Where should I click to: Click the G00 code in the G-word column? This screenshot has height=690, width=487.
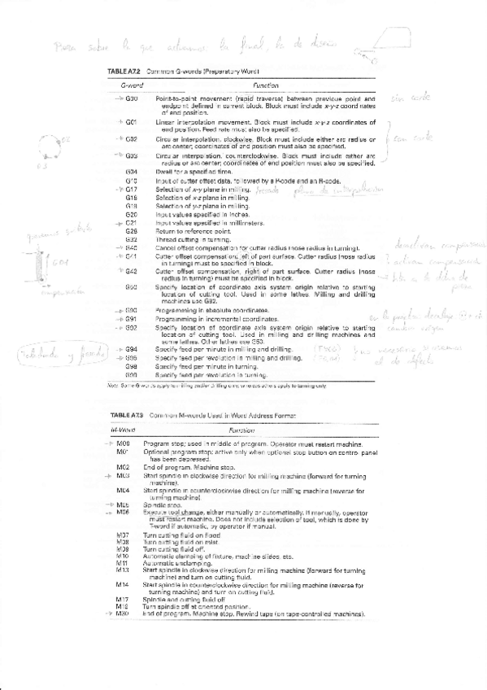click(132, 98)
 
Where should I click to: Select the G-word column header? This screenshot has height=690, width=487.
click(133, 85)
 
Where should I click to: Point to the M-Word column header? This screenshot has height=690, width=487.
click(123, 430)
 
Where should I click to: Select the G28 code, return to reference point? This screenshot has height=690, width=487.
click(132, 230)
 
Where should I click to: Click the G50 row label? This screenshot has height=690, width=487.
click(132, 287)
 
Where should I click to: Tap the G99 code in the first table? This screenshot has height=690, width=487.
click(132, 374)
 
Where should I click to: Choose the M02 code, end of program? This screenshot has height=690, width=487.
click(124, 467)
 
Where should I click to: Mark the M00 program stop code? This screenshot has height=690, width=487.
click(124, 443)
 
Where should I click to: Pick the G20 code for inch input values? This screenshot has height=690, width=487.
click(132, 214)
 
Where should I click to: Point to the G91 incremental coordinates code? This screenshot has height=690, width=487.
click(132, 319)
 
